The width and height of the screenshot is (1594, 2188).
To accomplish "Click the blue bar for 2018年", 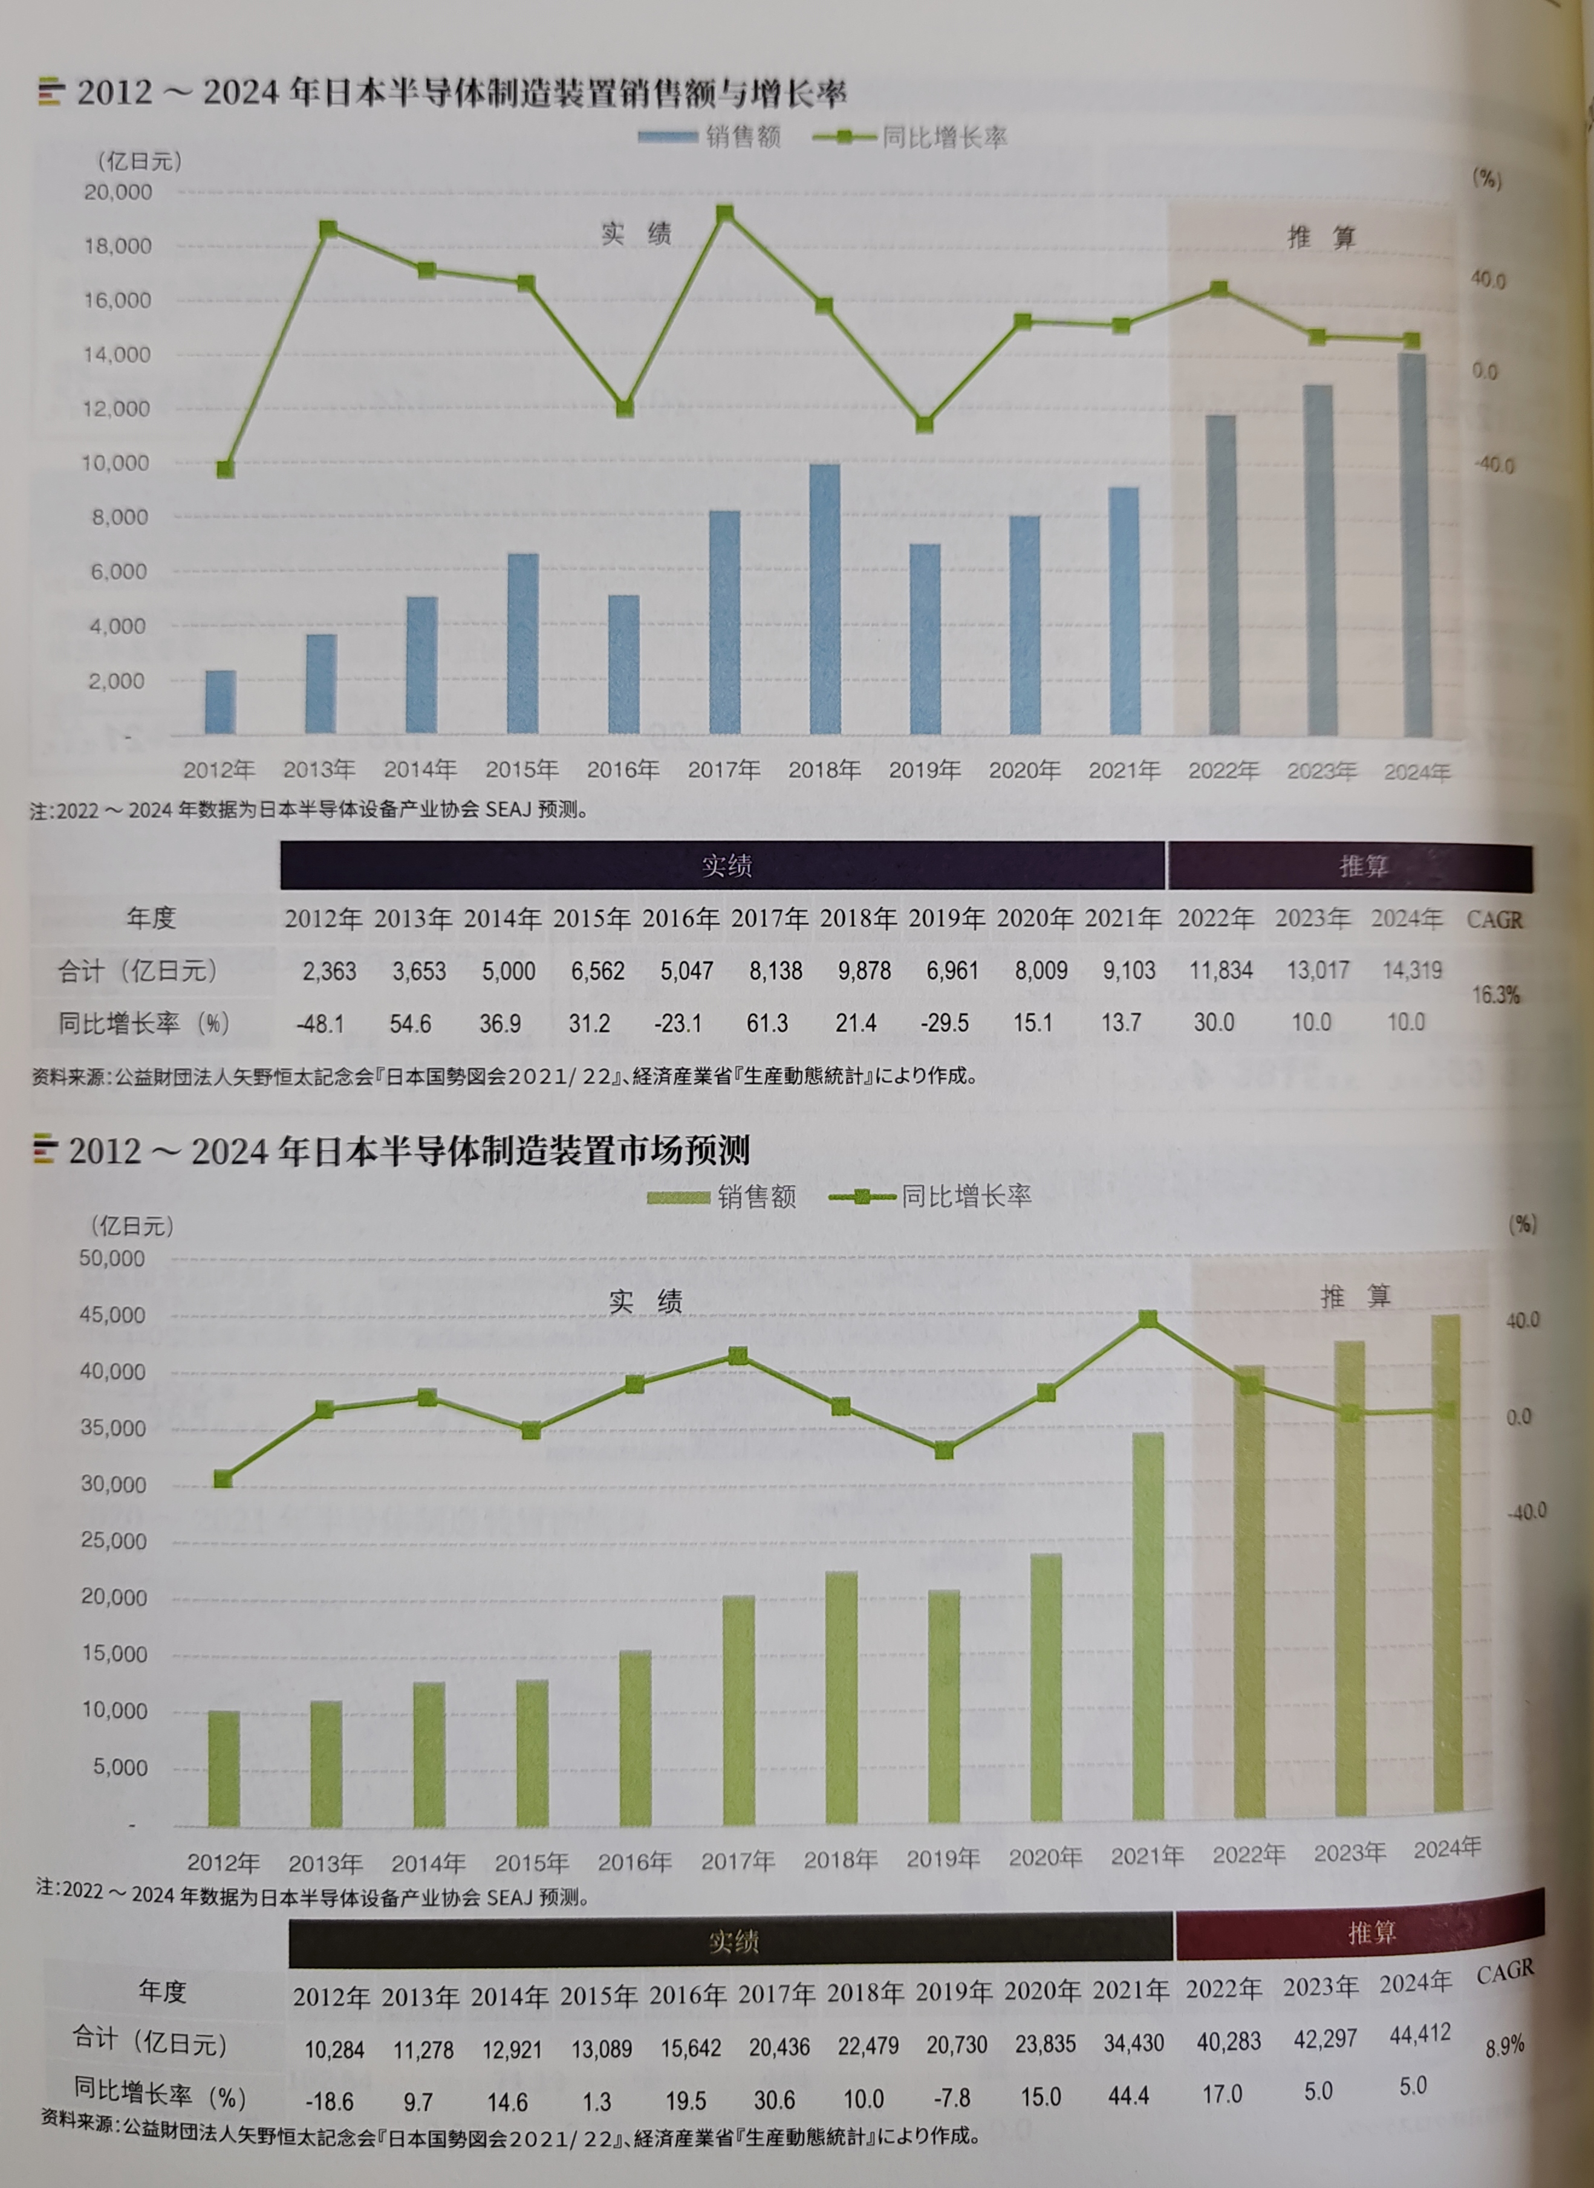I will [824, 600].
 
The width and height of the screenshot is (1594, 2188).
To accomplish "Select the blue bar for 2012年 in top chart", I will [220, 702].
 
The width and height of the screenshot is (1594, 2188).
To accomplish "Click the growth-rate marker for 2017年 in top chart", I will [724, 213].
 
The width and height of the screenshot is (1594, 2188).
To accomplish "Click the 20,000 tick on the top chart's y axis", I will [118, 192].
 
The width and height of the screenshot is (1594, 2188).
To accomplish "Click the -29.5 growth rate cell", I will [945, 1023].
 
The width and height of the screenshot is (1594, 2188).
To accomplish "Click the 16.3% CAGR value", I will [1495, 995].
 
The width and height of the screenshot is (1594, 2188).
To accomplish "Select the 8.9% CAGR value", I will [1505, 2045].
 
